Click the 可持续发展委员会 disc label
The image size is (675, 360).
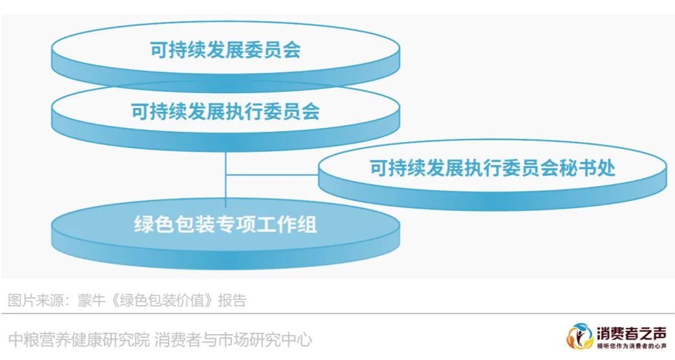tap(225, 50)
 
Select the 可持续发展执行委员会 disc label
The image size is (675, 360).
tap(225, 112)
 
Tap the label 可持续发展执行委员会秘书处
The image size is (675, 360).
tap(492, 168)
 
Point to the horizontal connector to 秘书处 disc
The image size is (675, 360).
tap(272, 175)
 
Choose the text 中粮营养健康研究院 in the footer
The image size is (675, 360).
tap(78, 339)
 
